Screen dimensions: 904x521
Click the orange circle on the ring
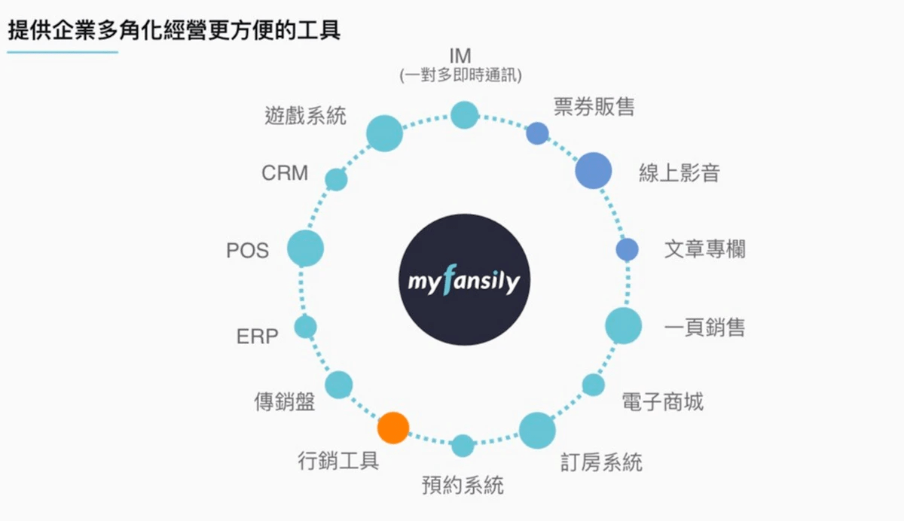[393, 428]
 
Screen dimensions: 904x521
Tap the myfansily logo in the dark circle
[464, 280]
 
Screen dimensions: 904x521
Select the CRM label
[285, 173]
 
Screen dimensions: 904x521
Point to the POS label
[247, 251]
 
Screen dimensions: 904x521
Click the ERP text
[258, 336]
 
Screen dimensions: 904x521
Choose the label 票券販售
[594, 107]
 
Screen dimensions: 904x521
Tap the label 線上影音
[680, 173]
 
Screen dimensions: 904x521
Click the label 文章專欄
[704, 249]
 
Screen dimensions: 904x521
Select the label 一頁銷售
[704, 327]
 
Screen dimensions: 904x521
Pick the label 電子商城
[663, 401]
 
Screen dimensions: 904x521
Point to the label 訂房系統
[601, 462]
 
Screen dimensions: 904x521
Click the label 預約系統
[463, 485]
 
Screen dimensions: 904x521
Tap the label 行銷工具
[338, 461]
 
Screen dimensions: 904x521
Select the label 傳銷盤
[285, 401]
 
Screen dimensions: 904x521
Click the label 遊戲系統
[306, 116]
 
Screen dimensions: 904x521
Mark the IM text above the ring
[460, 56]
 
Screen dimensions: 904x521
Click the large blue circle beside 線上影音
[594, 171]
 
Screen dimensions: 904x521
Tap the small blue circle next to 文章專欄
[627, 250]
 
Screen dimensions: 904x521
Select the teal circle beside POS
[306, 248]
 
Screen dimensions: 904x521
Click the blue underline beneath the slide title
[63, 52]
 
